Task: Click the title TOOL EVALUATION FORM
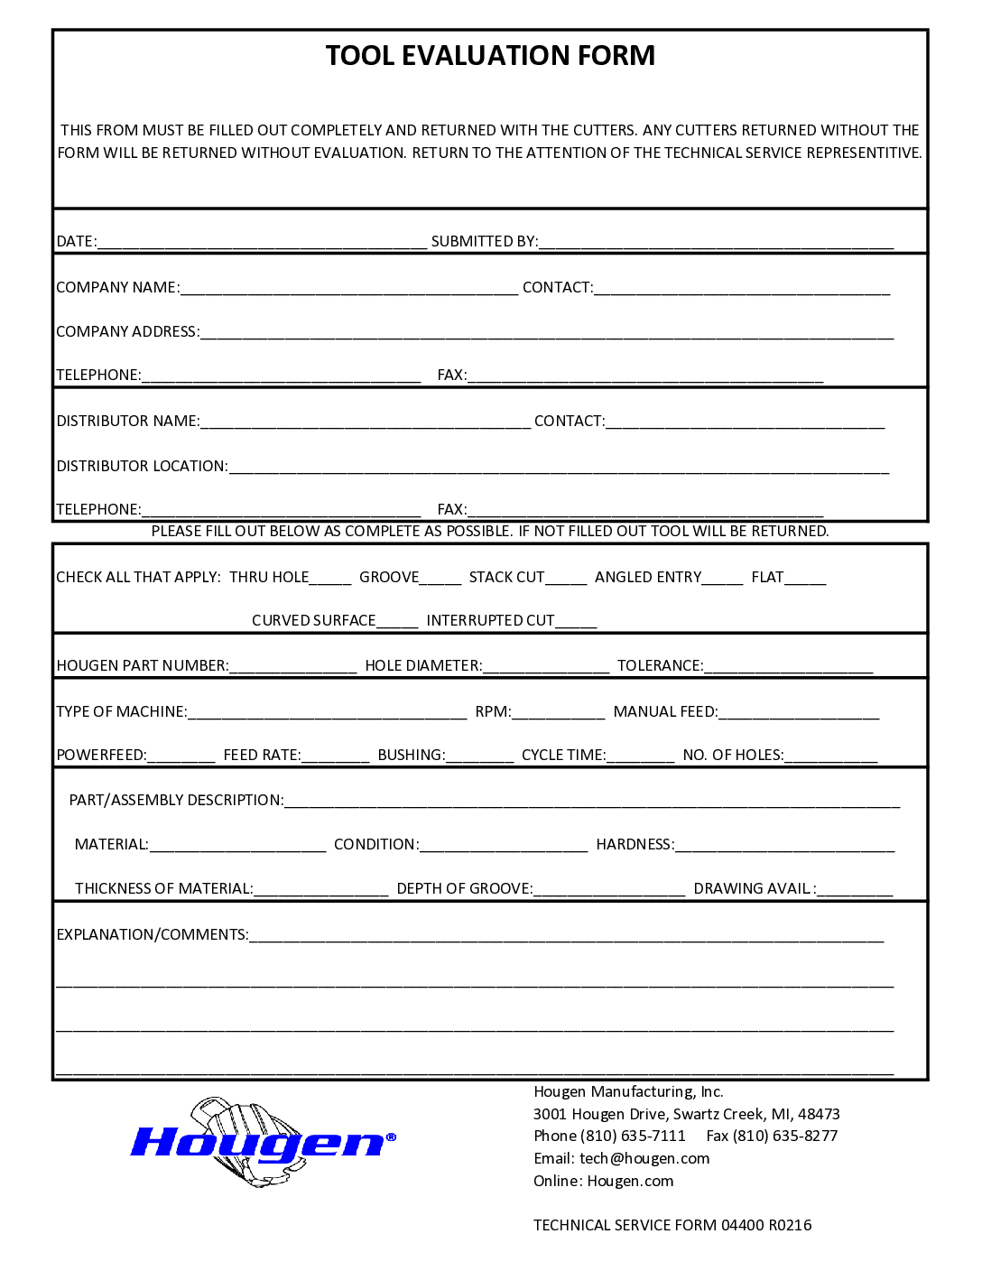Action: [490, 56]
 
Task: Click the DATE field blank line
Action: [262, 243]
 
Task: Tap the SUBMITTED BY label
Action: [484, 242]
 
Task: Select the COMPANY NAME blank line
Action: [349, 289]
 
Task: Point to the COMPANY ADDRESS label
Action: [127, 332]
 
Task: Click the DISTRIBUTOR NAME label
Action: [128, 422]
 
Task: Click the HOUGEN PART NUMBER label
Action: [143, 666]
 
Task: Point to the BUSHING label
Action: [412, 756]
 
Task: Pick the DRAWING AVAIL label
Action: [755, 889]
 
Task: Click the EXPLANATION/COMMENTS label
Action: [153, 935]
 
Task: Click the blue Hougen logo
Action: [262, 1143]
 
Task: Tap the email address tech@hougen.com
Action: [644, 1159]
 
